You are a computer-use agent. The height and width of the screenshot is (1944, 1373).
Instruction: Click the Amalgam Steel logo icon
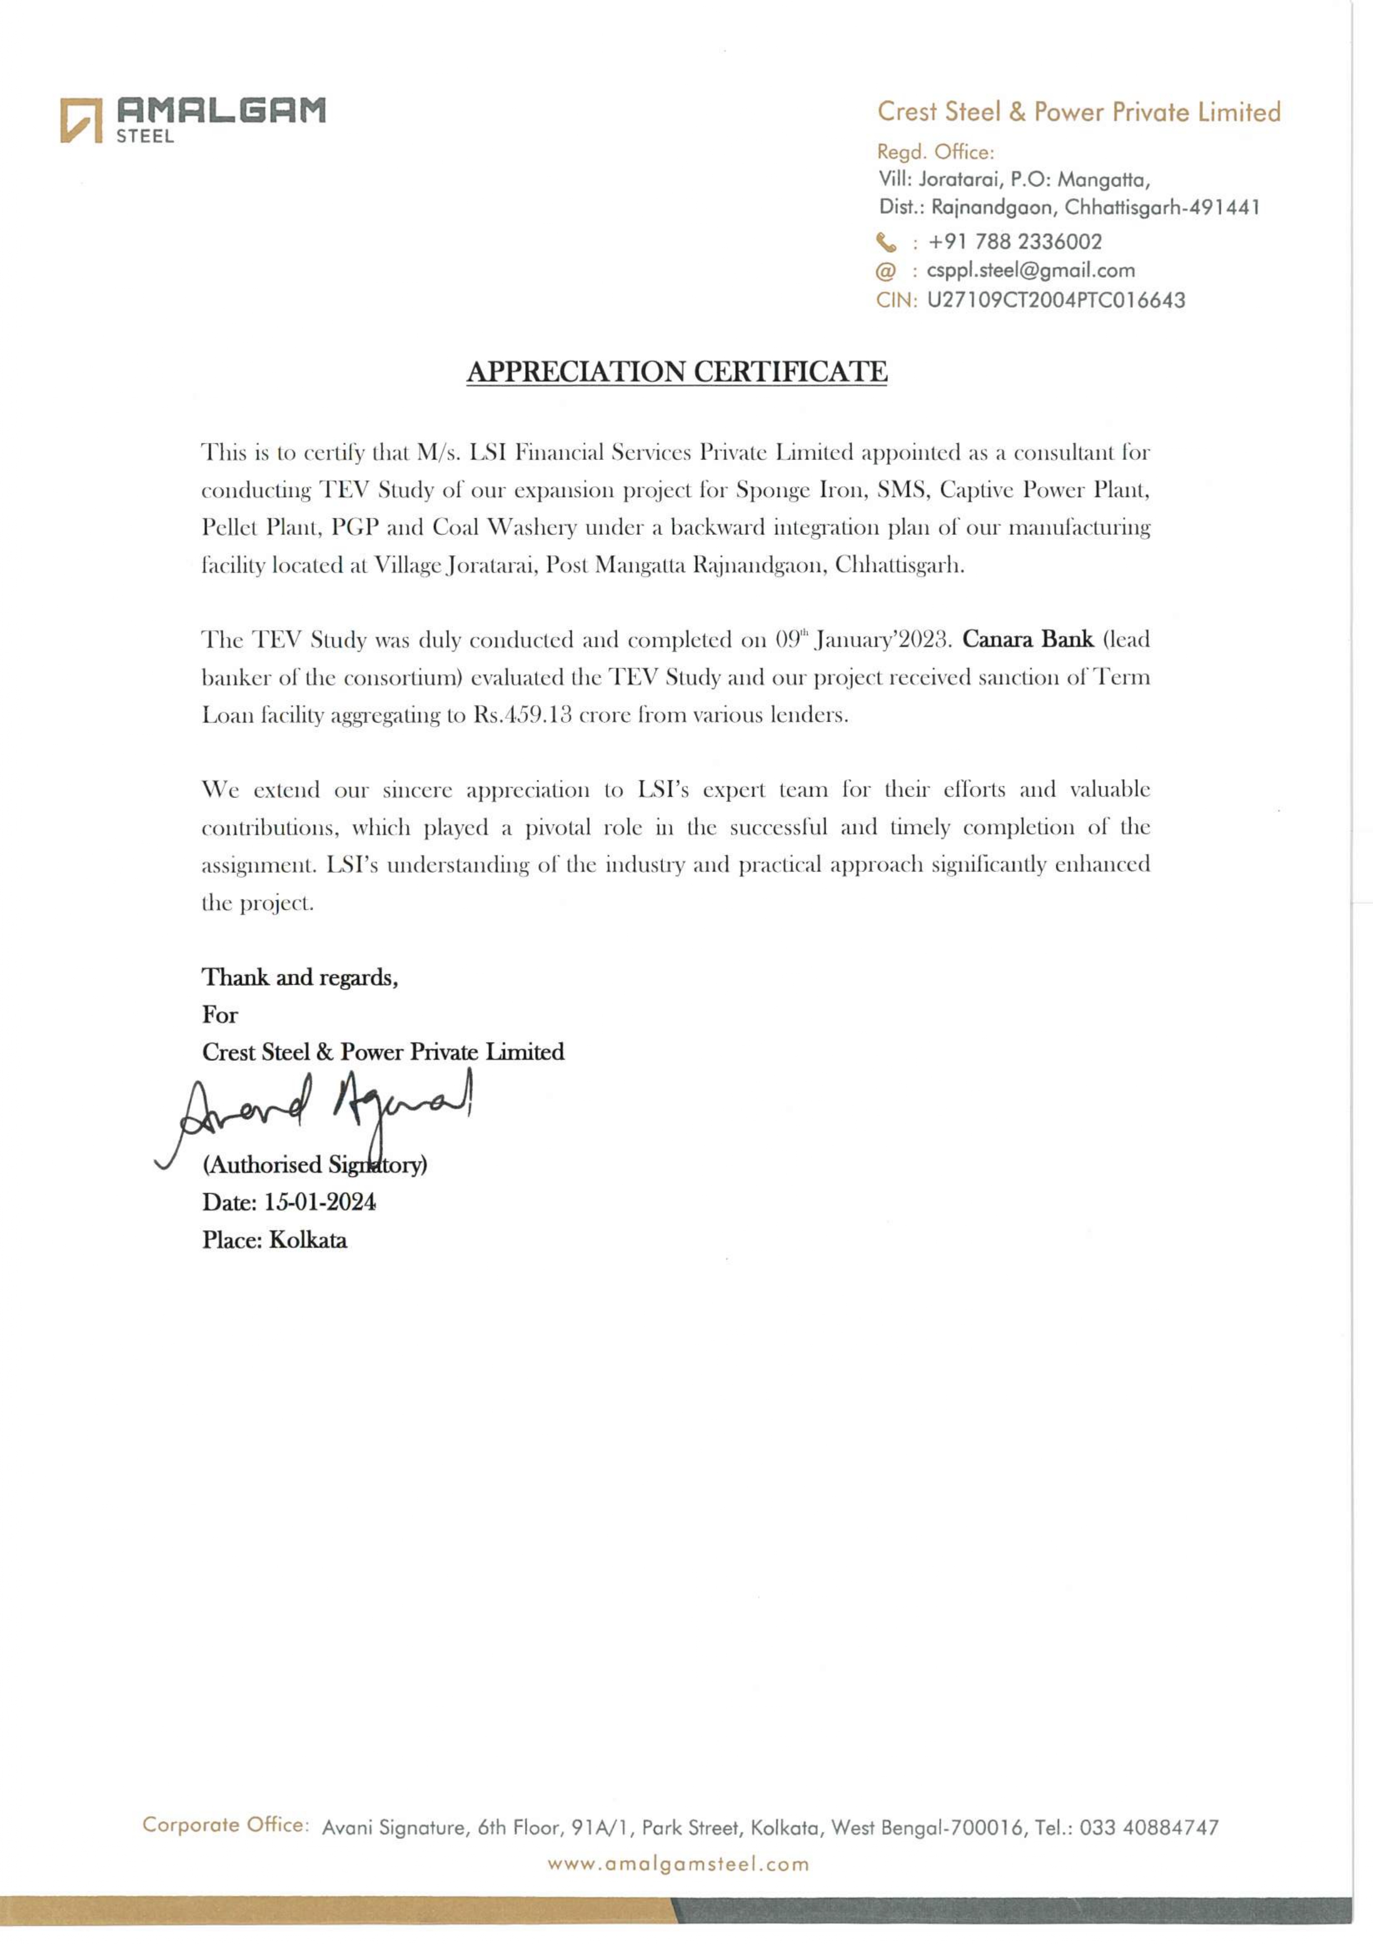click(81, 120)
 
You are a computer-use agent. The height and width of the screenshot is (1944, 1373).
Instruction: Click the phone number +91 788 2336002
click(1015, 242)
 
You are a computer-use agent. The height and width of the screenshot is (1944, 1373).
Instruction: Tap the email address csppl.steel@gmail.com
click(1030, 271)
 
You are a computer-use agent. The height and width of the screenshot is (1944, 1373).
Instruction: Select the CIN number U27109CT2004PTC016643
click(1055, 300)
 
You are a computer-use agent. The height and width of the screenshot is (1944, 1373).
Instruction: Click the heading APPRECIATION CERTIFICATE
click(677, 372)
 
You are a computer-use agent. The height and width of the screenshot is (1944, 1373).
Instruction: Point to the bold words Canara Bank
click(1027, 639)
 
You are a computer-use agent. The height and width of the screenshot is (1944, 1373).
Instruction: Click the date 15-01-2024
click(319, 1203)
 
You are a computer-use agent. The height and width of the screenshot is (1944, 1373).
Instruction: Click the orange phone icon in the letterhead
click(886, 243)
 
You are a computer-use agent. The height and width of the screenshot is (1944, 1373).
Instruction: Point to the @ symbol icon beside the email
click(885, 272)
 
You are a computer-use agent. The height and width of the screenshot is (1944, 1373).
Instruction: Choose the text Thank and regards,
click(300, 978)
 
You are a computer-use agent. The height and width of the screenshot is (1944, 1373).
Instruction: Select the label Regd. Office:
click(935, 152)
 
